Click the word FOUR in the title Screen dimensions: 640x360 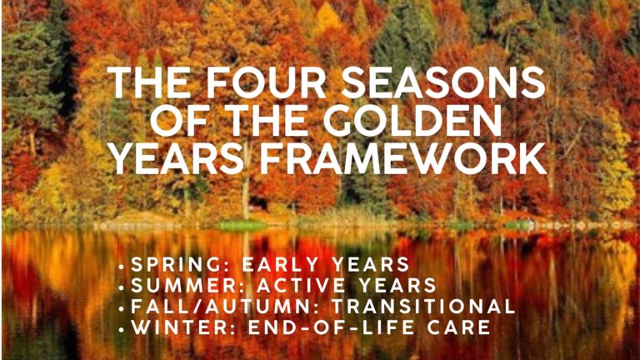click(x=266, y=82)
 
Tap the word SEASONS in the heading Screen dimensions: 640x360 click(x=443, y=82)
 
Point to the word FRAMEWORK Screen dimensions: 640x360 click(x=403, y=158)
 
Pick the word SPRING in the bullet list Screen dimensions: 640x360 click(x=179, y=264)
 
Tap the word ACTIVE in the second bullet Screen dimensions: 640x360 click(x=301, y=285)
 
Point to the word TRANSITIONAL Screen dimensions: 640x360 click(x=423, y=307)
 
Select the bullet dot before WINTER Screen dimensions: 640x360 click(x=121, y=330)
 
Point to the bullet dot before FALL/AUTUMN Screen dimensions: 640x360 click(x=121, y=309)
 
